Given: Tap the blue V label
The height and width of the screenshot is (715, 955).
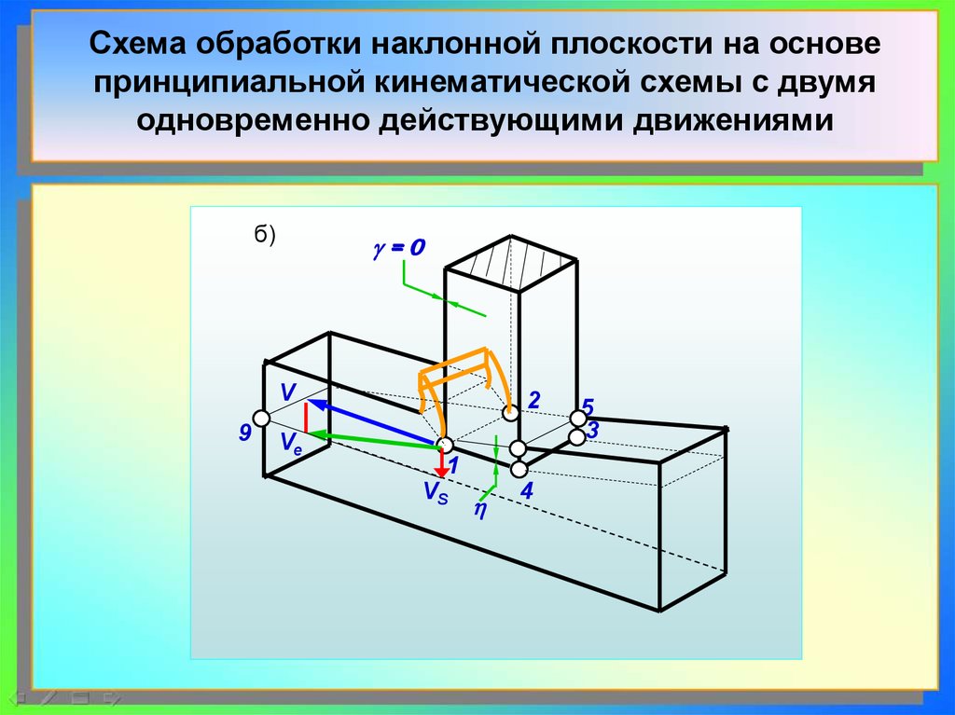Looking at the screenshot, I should [x=287, y=391].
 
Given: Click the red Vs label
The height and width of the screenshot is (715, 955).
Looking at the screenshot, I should [x=435, y=493].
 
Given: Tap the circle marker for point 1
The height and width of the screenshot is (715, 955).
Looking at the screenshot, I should [x=445, y=445].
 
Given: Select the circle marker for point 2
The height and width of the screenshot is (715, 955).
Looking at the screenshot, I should [x=510, y=412].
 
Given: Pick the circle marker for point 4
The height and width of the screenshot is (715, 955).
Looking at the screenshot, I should [x=519, y=469].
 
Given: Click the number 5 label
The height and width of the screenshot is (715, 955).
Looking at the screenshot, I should [x=588, y=407].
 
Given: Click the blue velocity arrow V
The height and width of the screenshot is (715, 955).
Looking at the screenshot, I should [x=373, y=423].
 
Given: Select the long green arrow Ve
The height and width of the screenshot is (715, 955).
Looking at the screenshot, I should [x=373, y=438].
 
